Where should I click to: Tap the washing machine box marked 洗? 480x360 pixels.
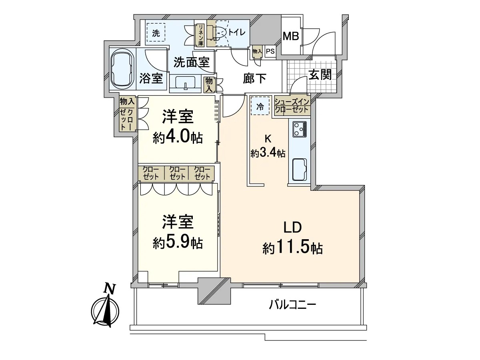156,32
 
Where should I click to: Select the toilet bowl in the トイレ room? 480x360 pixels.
220,34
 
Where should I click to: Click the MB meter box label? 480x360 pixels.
291,36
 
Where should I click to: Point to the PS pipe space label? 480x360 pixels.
270,52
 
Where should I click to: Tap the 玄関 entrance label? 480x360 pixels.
320,75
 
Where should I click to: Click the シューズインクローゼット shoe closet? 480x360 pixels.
292,106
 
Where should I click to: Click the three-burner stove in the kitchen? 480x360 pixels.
300,129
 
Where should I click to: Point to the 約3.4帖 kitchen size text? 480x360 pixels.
268,153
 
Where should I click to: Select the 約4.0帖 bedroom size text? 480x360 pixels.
178,137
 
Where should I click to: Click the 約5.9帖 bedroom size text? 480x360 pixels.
178,243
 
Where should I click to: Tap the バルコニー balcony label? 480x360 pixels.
292,305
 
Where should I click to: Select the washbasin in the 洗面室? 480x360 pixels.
186,83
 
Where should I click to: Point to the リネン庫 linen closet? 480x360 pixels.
200,35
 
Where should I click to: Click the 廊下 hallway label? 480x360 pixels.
254,78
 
